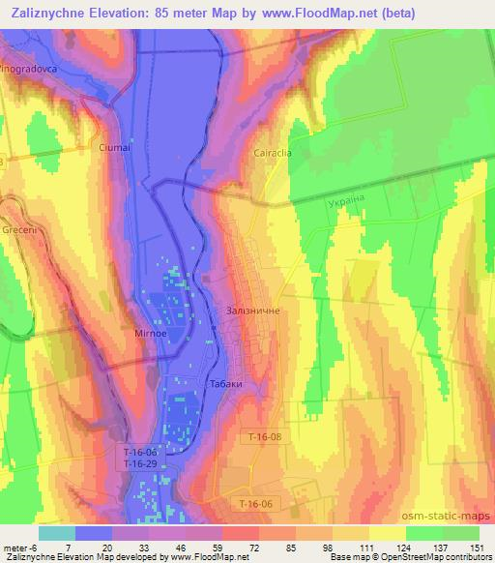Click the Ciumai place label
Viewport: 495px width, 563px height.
tap(113, 148)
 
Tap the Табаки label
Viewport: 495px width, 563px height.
tap(223, 384)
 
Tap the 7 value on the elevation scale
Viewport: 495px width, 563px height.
tap(69, 547)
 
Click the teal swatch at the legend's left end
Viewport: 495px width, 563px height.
tap(56, 532)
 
